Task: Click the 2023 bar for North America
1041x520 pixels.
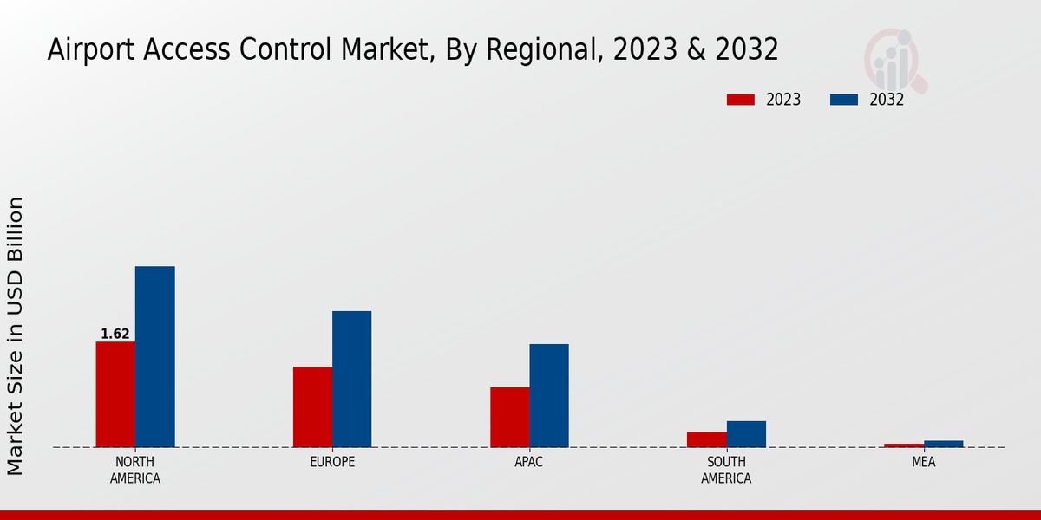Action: (115, 394)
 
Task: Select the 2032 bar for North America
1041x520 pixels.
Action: (154, 356)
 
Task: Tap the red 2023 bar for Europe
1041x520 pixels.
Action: (312, 406)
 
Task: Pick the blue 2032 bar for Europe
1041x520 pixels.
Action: (351, 379)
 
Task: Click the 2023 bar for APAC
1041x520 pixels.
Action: (509, 417)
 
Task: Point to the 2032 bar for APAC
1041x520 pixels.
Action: (549, 395)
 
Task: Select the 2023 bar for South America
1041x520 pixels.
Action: (706, 439)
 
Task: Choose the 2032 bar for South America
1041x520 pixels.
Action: (746, 434)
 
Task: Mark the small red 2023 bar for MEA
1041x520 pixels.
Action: (904, 445)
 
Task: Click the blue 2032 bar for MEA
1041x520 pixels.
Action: (943, 444)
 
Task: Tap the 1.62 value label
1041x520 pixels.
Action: (115, 335)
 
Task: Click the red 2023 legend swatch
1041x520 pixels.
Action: (741, 100)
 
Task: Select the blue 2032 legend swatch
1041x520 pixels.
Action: (844, 100)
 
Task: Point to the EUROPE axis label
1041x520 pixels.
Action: (332, 462)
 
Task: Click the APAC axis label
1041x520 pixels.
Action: (529, 462)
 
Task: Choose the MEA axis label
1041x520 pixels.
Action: (923, 462)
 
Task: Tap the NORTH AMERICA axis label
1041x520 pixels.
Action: (135, 470)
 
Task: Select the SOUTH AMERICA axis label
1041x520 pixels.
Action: (726, 470)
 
